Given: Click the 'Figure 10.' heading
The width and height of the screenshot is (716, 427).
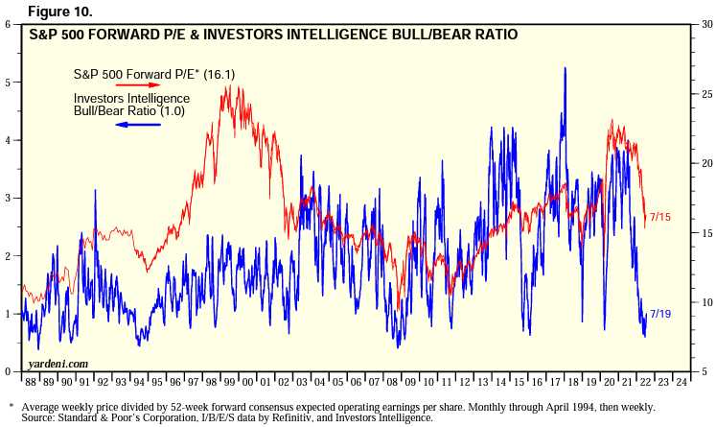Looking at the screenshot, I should (48, 11).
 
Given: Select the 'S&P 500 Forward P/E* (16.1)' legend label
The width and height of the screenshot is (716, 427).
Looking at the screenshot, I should (141, 73).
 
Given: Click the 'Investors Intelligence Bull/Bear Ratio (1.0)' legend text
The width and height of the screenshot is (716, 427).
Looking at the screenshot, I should (131, 105).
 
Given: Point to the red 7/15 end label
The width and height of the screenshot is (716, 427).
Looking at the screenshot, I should (659, 218).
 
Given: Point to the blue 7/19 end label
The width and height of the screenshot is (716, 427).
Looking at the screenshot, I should (659, 314).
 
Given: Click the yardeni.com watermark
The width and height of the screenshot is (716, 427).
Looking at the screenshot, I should (58, 364).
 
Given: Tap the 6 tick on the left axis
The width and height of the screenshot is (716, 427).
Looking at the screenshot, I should (9, 24).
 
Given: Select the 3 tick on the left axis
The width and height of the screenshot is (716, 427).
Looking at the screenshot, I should (9, 198).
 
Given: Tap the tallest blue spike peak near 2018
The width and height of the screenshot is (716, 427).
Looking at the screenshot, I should (566, 68).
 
